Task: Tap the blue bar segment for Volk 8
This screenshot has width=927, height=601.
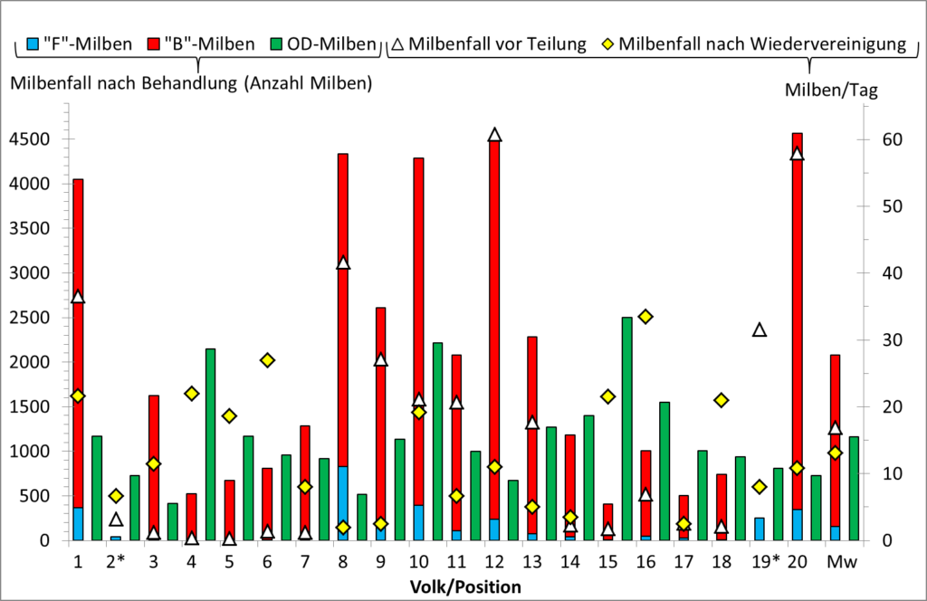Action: point(343,502)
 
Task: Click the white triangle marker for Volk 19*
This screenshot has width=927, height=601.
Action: point(760,330)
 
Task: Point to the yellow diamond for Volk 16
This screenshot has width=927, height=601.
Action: point(645,317)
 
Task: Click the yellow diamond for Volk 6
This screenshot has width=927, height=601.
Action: point(267,360)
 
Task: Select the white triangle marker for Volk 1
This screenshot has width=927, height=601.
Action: point(78,297)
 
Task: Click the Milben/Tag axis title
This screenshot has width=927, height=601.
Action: point(831,90)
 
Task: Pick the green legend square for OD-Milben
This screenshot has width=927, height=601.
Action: point(278,43)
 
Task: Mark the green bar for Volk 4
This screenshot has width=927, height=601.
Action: point(210,444)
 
